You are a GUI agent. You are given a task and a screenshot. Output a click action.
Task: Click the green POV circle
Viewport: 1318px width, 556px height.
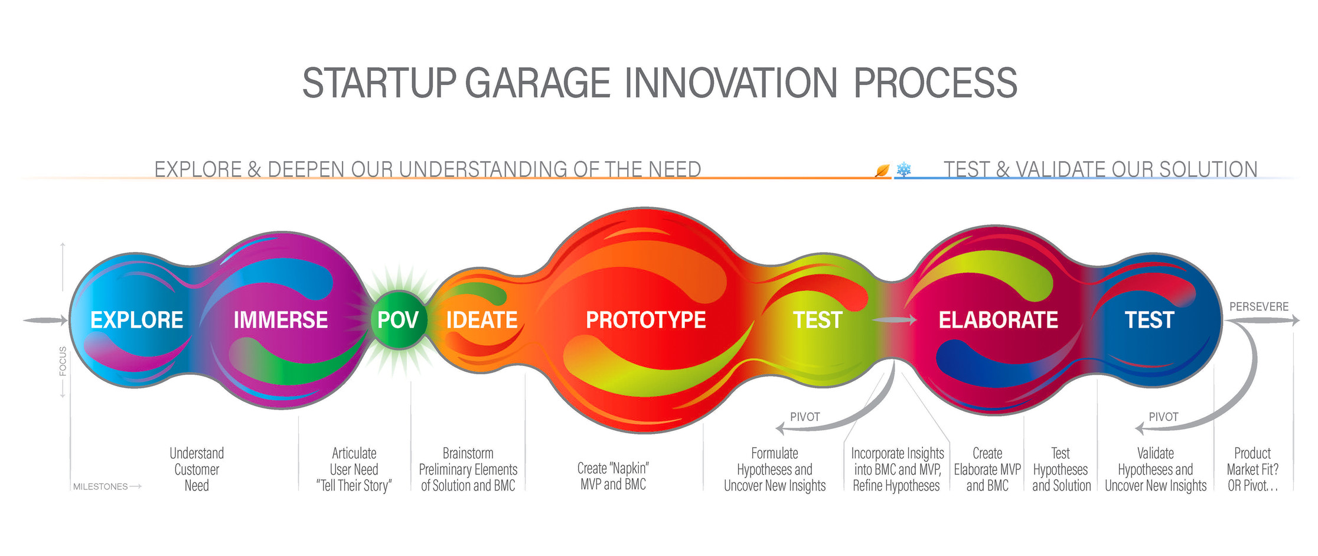click(398, 320)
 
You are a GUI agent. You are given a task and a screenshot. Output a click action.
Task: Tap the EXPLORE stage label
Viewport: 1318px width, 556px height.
click(137, 320)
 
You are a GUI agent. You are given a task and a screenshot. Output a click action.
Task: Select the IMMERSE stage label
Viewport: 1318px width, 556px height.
click(280, 320)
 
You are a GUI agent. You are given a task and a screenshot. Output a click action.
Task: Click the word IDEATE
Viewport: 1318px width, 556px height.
click(482, 320)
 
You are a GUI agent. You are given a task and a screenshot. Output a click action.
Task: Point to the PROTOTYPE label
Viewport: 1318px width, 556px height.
click(645, 320)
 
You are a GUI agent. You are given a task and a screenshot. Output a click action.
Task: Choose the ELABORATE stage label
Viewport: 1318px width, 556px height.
click(998, 320)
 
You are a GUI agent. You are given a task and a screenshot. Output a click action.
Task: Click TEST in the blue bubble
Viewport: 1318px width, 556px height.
click(1149, 320)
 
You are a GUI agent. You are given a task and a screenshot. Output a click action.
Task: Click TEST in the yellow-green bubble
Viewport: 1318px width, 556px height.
click(817, 320)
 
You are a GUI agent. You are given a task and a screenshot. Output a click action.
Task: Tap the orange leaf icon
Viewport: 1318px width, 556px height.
click(882, 171)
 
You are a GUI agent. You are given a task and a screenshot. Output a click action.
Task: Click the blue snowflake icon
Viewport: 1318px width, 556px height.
click(903, 170)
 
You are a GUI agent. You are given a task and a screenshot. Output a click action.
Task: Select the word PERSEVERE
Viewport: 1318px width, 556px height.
click(1259, 306)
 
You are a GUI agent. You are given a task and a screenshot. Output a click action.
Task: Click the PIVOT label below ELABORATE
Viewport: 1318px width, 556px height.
click(1163, 417)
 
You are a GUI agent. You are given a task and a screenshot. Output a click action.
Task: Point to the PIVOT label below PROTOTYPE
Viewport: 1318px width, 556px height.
click(805, 417)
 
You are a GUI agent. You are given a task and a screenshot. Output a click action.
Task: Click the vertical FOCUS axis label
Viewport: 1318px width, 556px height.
click(63, 361)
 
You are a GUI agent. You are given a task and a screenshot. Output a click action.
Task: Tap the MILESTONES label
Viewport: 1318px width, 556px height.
click(100, 486)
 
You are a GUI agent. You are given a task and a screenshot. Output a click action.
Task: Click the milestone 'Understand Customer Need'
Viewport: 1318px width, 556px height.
click(197, 469)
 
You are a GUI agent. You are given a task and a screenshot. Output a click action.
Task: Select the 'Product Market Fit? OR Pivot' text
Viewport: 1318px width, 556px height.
click(1252, 469)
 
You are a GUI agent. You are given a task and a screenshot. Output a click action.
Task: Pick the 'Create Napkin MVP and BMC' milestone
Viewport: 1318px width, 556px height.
click(613, 476)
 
